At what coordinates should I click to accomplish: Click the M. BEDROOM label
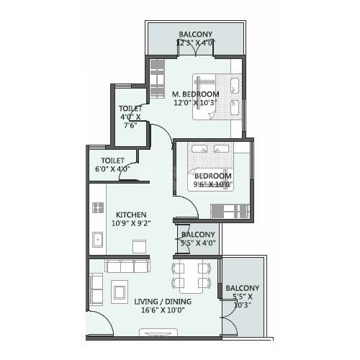coord(195,94)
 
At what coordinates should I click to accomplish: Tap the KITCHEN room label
coord(131,214)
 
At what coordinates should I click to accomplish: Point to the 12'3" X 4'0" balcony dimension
coord(195,42)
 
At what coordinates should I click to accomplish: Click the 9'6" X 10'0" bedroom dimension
coord(212,184)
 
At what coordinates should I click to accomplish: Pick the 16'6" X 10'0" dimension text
coord(160,311)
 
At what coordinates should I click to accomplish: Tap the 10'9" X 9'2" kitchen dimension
coord(130,224)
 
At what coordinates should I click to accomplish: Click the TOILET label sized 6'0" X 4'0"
coord(113,161)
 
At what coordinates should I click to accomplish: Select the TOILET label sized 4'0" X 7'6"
coord(130,109)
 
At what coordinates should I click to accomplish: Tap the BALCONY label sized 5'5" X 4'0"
coord(197,235)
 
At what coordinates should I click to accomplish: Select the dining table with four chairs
coord(189,275)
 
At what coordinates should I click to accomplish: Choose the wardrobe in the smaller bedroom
coord(230,210)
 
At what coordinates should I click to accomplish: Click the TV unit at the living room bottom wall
coord(157,333)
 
